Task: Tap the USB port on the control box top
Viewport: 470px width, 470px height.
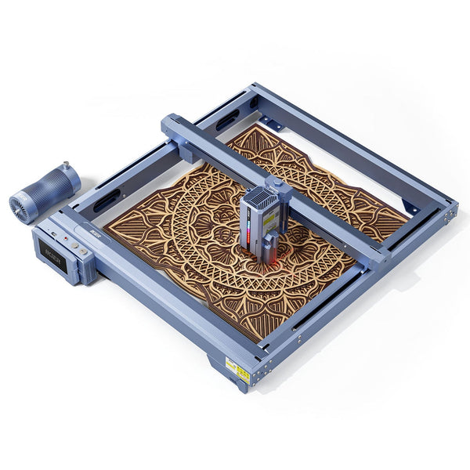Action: (x=52, y=233)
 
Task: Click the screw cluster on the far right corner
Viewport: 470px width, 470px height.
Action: (x=448, y=210)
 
